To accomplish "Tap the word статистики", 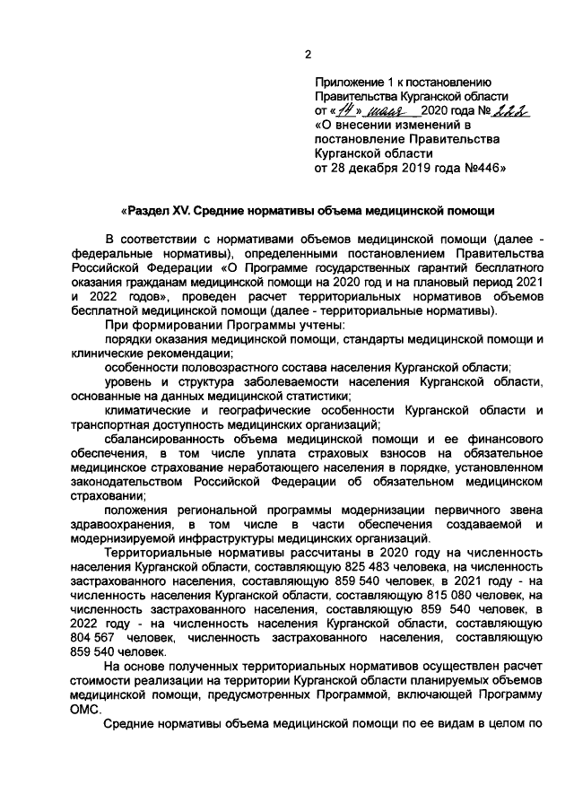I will [310, 396].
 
